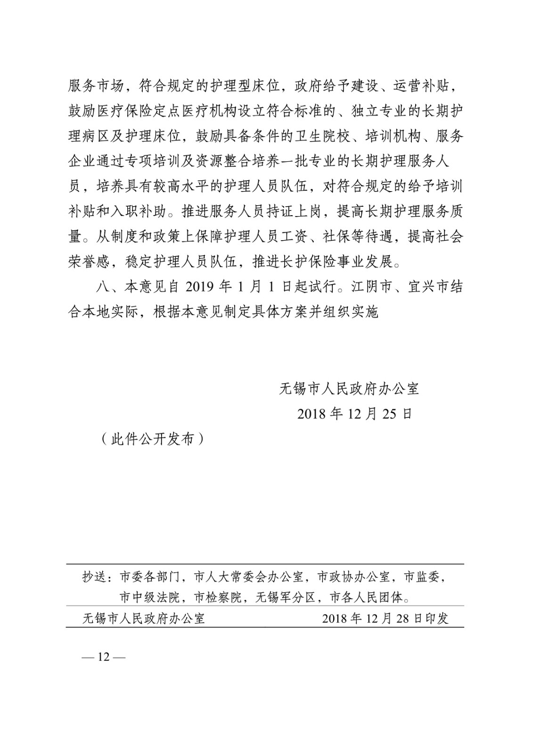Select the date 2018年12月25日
point(354,414)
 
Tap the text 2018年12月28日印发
point(385,619)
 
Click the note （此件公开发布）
point(153,439)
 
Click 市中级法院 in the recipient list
point(149,598)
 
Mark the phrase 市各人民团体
point(361,598)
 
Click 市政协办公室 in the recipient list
point(353,577)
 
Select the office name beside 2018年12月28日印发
point(143,619)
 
